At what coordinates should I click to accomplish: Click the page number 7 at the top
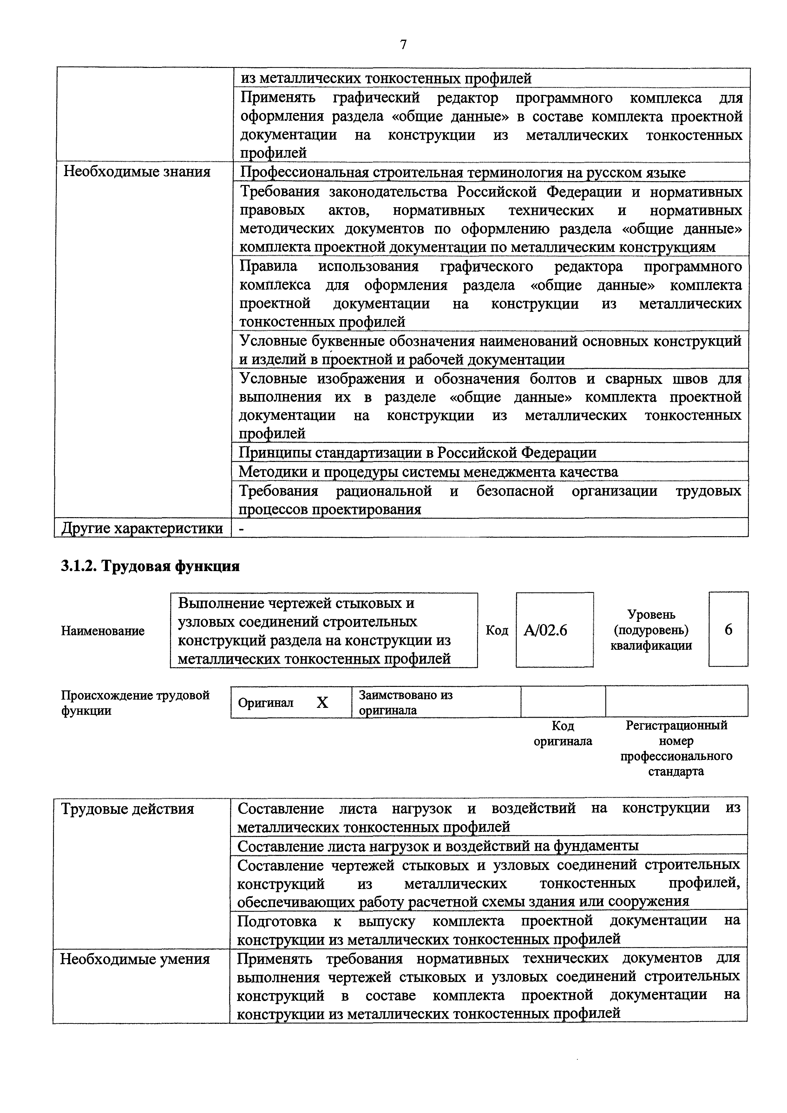(x=403, y=45)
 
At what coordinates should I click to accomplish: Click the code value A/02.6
(x=545, y=630)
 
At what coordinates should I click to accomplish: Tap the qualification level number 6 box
(x=728, y=630)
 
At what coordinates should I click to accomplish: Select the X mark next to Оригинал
(x=322, y=703)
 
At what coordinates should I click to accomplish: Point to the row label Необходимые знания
(x=137, y=172)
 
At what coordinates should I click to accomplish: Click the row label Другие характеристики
(x=142, y=528)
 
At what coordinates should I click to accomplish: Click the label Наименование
(x=103, y=631)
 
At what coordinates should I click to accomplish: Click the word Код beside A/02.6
(x=497, y=630)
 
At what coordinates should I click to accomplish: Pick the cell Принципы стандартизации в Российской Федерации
(x=417, y=452)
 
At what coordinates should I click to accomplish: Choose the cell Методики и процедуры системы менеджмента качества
(x=428, y=472)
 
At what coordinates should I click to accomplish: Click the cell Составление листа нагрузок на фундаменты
(x=438, y=846)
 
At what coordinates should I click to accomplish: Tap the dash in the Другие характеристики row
(x=242, y=528)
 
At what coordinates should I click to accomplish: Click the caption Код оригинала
(x=563, y=734)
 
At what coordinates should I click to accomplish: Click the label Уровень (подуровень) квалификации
(x=651, y=630)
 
